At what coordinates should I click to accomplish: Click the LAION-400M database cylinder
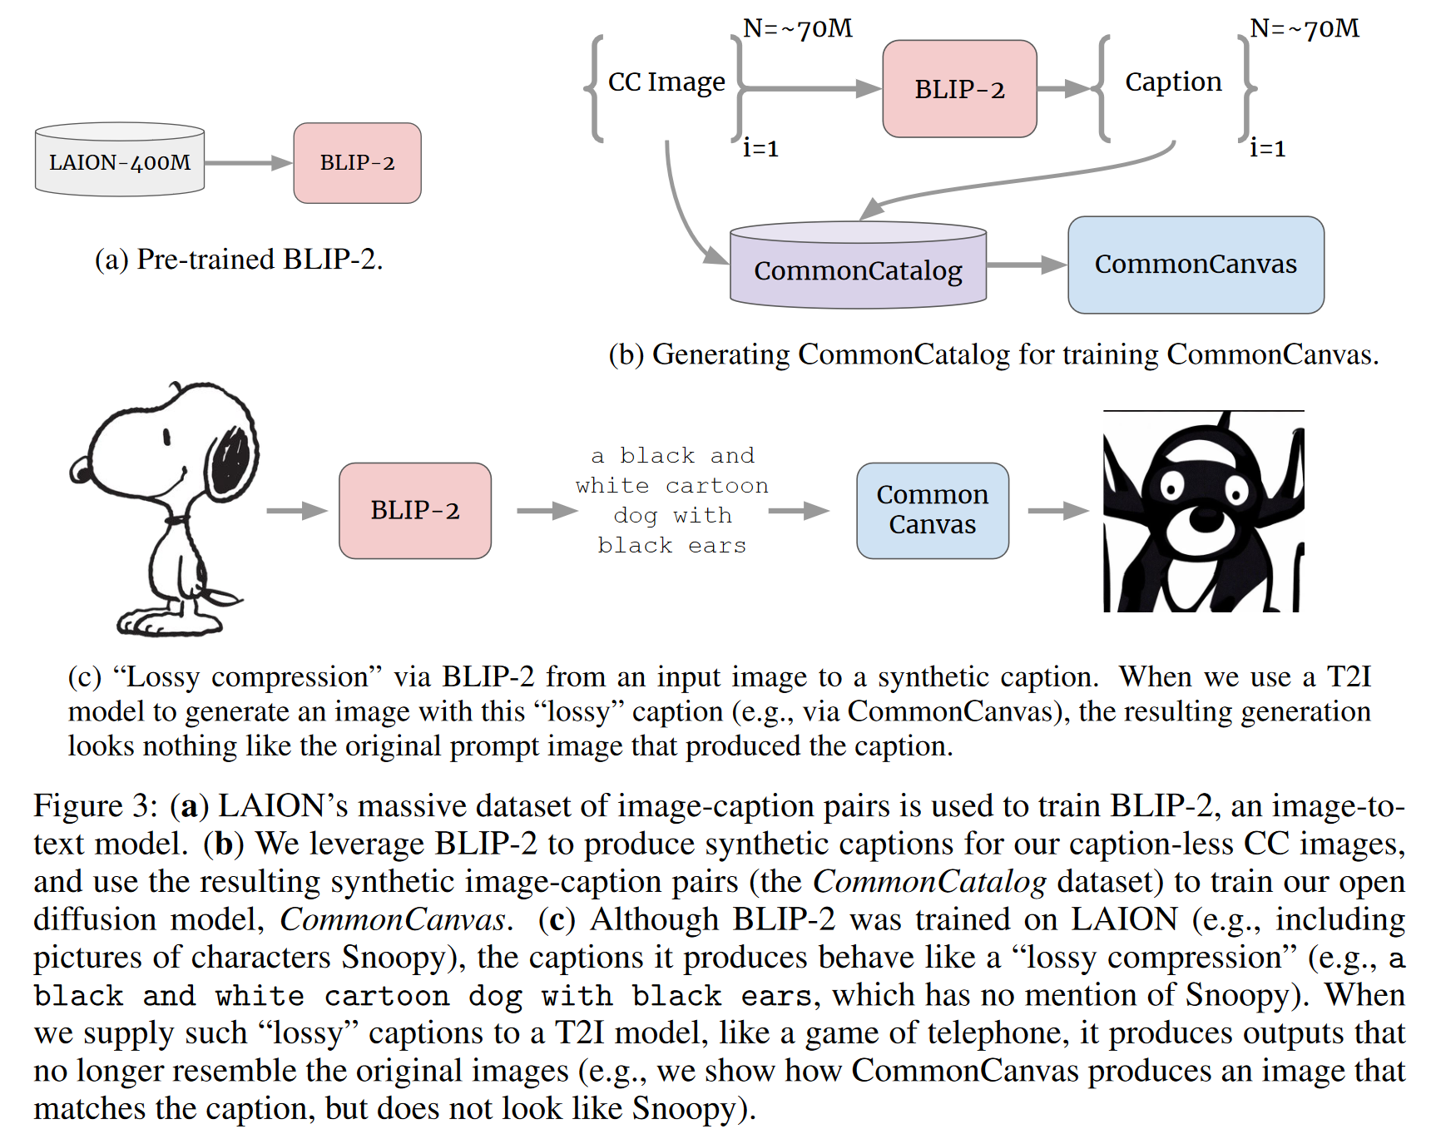click(x=120, y=160)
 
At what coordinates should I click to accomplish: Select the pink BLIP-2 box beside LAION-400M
click(x=357, y=163)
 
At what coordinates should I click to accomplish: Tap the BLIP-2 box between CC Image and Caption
click(x=959, y=89)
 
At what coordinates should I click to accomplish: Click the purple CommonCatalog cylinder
click(x=858, y=265)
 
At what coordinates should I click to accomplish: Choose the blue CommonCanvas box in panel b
click(x=1196, y=265)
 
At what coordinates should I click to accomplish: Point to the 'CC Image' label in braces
click(x=666, y=82)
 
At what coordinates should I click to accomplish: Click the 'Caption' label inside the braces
click(x=1173, y=82)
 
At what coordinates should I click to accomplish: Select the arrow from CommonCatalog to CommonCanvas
click(x=1027, y=265)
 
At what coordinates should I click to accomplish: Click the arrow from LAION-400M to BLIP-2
click(x=249, y=163)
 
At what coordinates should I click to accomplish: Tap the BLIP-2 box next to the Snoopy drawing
click(x=415, y=510)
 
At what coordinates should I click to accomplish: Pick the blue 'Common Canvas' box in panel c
click(x=933, y=510)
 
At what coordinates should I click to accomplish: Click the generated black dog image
click(x=1203, y=512)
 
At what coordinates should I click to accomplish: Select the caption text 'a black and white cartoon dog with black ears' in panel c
click(x=672, y=501)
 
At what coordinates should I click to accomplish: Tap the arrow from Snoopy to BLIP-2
click(x=297, y=510)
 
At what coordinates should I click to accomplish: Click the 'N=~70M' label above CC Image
click(x=797, y=28)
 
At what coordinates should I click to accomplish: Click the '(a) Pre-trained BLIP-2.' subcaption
click(x=239, y=260)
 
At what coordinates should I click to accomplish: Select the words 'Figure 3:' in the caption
click(x=96, y=806)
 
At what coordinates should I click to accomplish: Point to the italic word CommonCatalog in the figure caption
click(x=929, y=882)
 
